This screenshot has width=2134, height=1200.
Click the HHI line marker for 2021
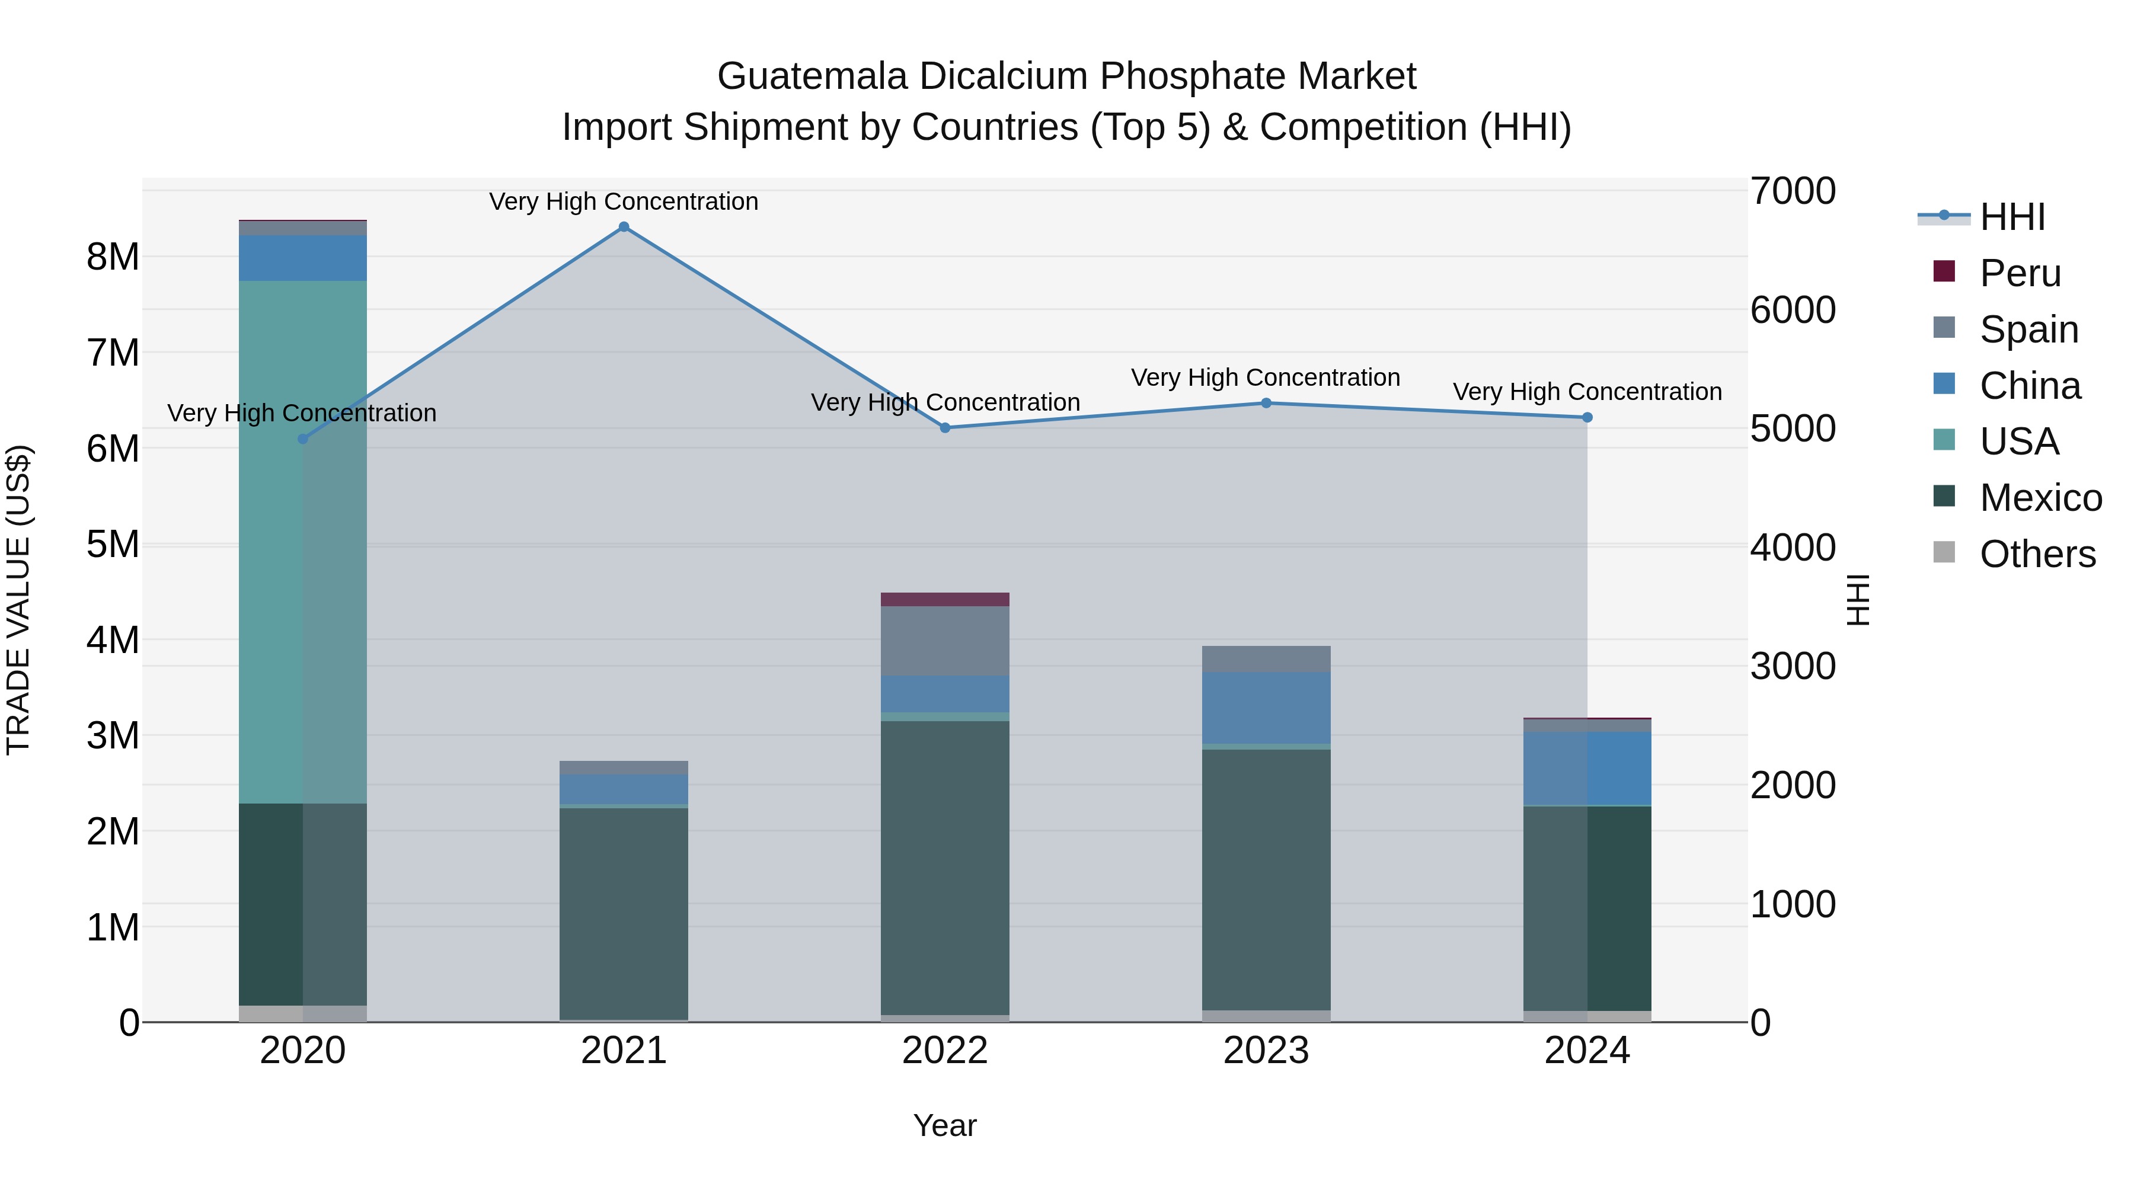(624, 227)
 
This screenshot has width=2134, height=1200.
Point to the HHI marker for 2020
(302, 439)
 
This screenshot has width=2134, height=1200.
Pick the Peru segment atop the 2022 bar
(945, 600)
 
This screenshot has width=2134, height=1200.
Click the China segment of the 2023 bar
(1266, 708)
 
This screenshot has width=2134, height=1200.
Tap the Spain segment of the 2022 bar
(945, 641)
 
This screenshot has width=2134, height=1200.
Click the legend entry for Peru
(2020, 273)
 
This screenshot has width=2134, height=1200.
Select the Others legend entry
(2037, 554)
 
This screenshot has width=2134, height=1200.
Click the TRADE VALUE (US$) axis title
(19, 600)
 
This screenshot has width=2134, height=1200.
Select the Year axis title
(945, 1125)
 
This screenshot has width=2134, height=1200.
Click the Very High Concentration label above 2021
(624, 201)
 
